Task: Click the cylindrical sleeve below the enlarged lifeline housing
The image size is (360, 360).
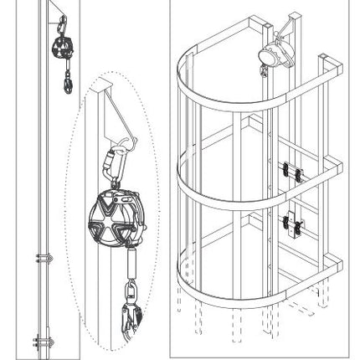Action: coord(131,267)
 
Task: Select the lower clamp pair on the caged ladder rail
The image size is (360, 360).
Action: coord(291,224)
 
